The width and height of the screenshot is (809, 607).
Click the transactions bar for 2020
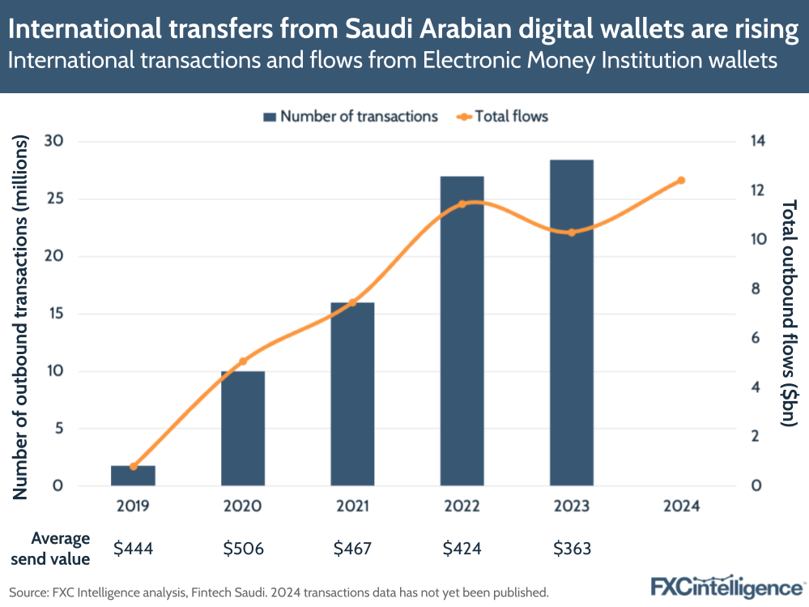[x=243, y=429]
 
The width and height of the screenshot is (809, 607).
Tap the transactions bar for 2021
[x=352, y=394]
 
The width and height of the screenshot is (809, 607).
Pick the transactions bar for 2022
[x=462, y=331]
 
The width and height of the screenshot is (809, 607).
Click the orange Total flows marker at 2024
[x=681, y=180]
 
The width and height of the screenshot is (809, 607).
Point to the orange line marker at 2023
[x=572, y=233]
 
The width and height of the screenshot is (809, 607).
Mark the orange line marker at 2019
[x=133, y=467]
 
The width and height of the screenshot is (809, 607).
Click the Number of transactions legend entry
[x=350, y=117]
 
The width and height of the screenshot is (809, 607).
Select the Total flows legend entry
[x=502, y=117]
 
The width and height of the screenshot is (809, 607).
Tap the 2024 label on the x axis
[x=681, y=507]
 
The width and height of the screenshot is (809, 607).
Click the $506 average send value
[x=243, y=549]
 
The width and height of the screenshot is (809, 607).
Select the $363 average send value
[x=572, y=549]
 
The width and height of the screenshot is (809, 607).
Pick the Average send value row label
[x=61, y=549]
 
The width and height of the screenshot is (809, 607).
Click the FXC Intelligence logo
[x=726, y=586]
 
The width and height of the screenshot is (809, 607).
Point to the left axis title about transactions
[x=23, y=316]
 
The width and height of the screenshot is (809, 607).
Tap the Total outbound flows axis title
[x=790, y=312]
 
